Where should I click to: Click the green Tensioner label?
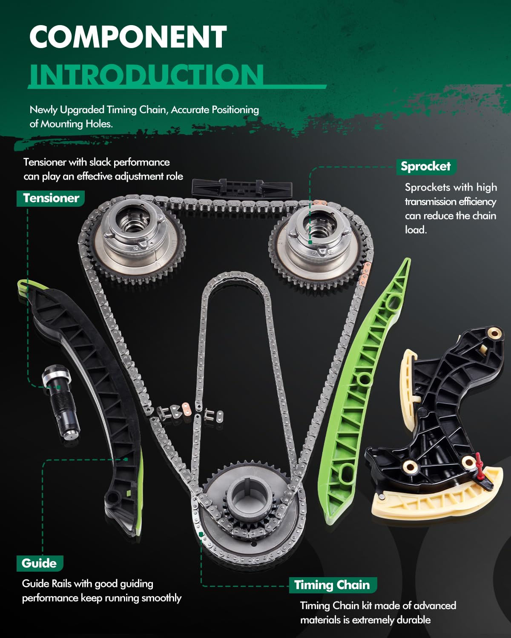point(51,198)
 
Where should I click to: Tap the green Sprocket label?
point(425,166)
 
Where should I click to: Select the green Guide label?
point(39,563)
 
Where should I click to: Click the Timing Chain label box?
point(332,585)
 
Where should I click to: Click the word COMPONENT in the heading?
point(128,37)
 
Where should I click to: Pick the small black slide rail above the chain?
point(241,188)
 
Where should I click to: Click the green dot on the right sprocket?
point(310,242)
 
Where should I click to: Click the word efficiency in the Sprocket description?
point(474,202)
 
